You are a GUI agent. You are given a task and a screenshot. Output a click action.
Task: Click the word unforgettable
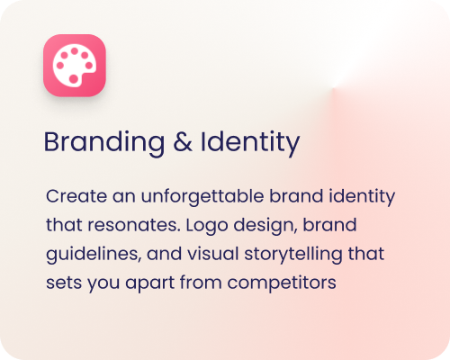pos(182,195)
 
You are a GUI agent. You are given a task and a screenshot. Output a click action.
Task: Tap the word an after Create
pos(109,195)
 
